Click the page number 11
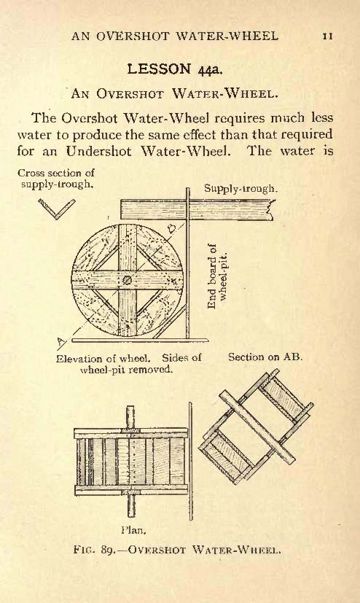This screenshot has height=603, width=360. [x=327, y=36]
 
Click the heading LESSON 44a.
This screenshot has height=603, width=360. [x=175, y=69]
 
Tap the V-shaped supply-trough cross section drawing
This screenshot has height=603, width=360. [x=57, y=209]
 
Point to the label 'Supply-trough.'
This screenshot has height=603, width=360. [x=240, y=188]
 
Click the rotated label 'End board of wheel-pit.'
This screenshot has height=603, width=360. [x=218, y=276]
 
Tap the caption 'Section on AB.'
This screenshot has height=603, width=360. [x=265, y=357]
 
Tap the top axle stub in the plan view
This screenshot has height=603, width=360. [x=130, y=416]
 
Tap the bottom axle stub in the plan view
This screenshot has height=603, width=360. [x=131, y=506]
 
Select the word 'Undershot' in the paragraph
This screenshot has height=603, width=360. [x=98, y=151]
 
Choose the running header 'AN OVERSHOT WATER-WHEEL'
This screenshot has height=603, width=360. [x=175, y=36]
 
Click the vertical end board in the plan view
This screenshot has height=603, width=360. [x=190, y=461]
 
